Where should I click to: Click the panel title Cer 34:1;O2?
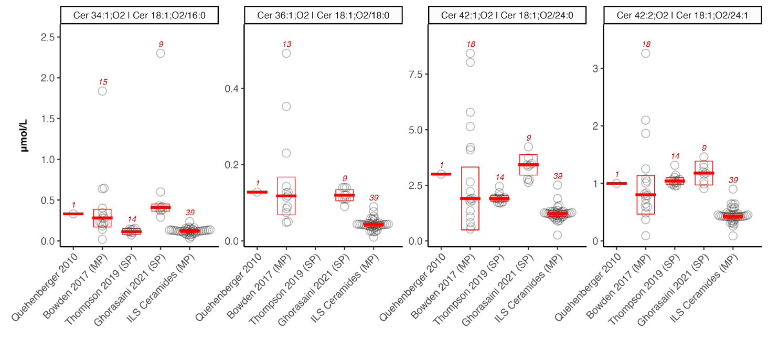tap(139, 15)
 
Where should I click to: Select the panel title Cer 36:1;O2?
tap(323, 15)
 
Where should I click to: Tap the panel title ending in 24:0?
tap(507, 15)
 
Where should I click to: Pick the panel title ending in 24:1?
tap(682, 15)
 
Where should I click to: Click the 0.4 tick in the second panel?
tap(234, 88)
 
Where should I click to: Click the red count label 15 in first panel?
tap(103, 82)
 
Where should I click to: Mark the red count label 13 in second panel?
tap(286, 44)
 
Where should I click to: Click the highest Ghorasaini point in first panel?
tap(161, 53)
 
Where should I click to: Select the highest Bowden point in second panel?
tap(286, 53)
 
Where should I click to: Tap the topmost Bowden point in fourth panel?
tap(646, 53)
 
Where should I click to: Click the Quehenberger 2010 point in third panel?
tap(441, 174)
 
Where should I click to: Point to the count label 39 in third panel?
tap(558, 176)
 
